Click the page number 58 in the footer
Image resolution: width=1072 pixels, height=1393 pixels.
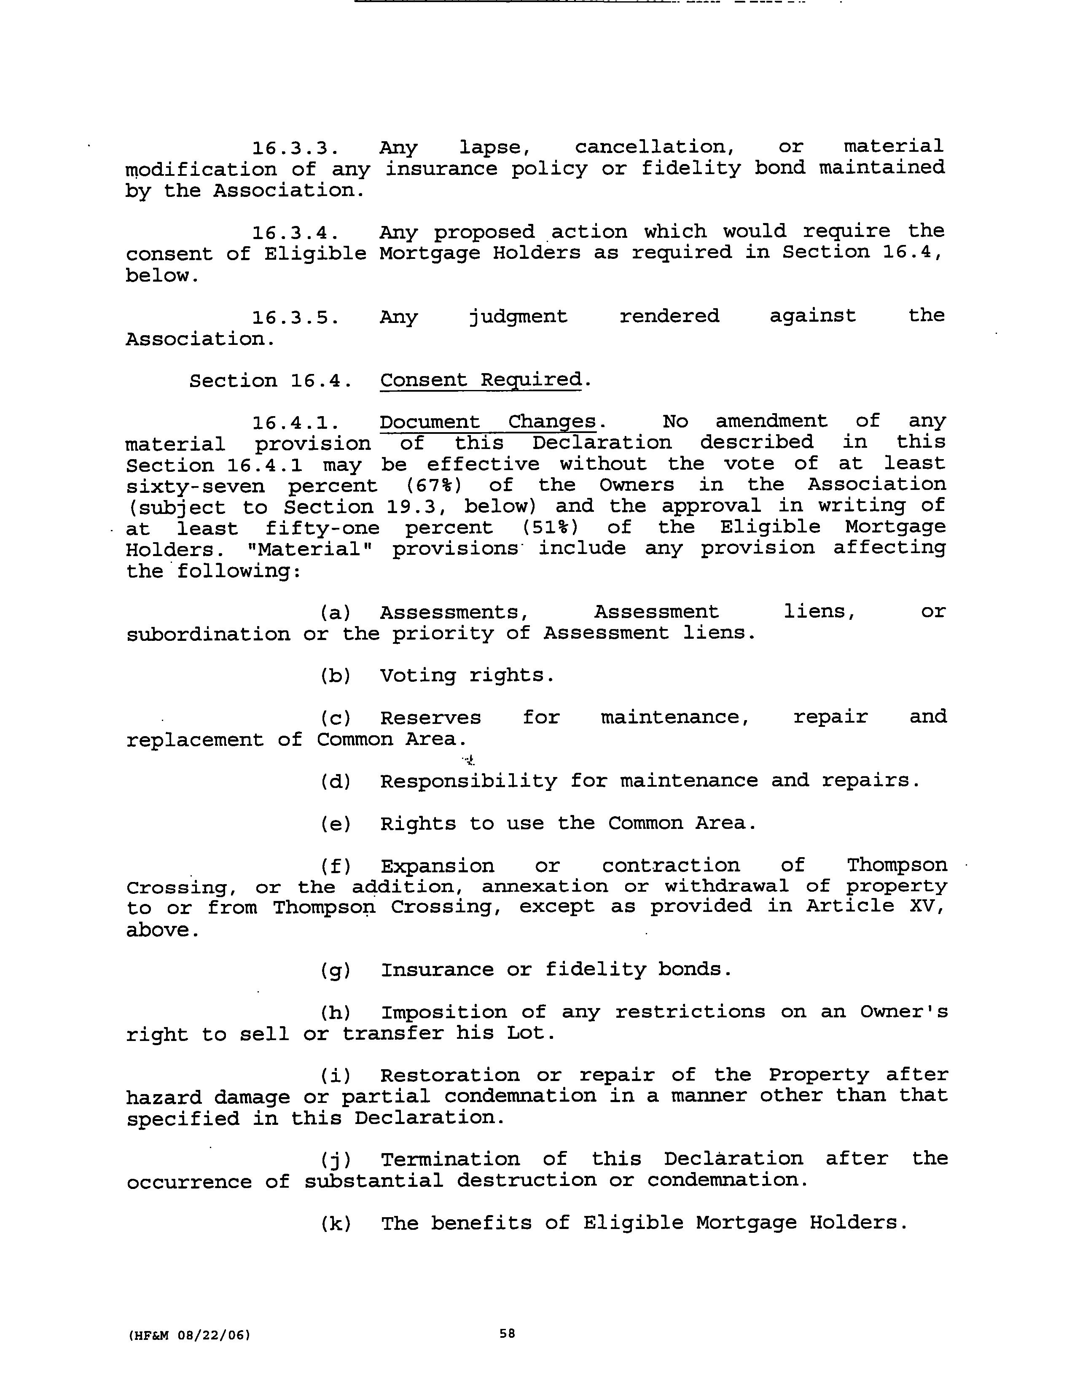507,1333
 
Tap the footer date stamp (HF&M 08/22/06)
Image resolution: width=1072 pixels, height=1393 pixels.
188,1334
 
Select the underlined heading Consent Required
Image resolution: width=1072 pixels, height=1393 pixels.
481,380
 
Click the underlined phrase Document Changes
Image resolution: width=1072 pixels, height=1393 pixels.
488,422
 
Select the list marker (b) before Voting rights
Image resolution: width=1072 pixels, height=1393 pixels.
336,675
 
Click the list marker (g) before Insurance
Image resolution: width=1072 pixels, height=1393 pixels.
336,970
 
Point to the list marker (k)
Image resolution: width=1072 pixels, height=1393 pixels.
336,1224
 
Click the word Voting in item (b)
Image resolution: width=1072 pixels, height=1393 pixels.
418,675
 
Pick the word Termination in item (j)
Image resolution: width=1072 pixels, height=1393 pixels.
450,1159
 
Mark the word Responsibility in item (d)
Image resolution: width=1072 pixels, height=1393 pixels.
469,781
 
